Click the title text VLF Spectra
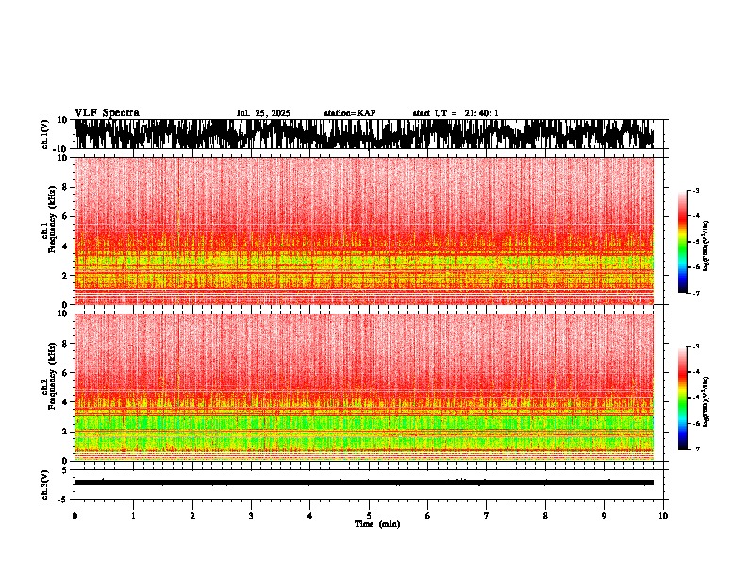(107, 112)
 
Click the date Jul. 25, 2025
(263, 113)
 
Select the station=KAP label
(349, 113)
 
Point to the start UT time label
(456, 113)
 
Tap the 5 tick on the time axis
(369, 516)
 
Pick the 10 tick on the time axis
(663, 516)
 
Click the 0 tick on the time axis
(75, 516)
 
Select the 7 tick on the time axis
(487, 516)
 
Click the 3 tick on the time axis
(251, 516)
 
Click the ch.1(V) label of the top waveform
(44, 134)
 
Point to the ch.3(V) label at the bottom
(44, 483)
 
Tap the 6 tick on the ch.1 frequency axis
(65, 216)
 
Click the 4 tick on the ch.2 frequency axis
(65, 402)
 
